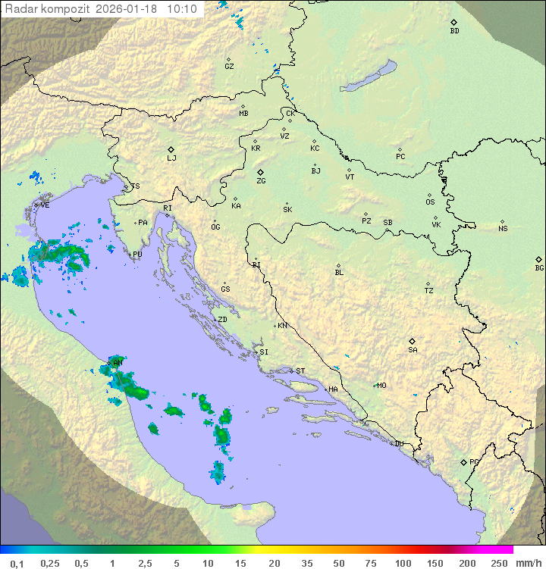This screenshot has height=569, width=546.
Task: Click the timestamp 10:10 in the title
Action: click(x=182, y=9)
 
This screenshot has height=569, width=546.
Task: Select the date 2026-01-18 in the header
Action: click(x=133, y=9)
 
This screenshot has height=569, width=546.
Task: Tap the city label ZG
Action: click(x=261, y=181)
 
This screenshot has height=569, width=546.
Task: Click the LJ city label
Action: click(x=171, y=158)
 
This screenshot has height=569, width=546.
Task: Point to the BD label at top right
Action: click(x=454, y=31)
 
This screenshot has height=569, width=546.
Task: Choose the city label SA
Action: click(x=413, y=350)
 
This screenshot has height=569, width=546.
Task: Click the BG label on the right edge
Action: click(x=539, y=267)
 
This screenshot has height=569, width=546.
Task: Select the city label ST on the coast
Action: click(x=300, y=371)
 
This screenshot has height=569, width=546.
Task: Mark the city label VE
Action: click(x=45, y=205)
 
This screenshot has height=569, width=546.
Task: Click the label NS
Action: click(x=503, y=229)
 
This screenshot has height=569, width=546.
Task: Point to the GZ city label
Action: click(x=229, y=67)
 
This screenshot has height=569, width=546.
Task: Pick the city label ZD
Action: click(x=223, y=320)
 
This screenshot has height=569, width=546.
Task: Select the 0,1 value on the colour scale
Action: click(x=17, y=563)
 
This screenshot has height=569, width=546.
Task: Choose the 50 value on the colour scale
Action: click(x=337, y=563)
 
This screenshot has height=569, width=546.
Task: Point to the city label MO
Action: click(x=381, y=386)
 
